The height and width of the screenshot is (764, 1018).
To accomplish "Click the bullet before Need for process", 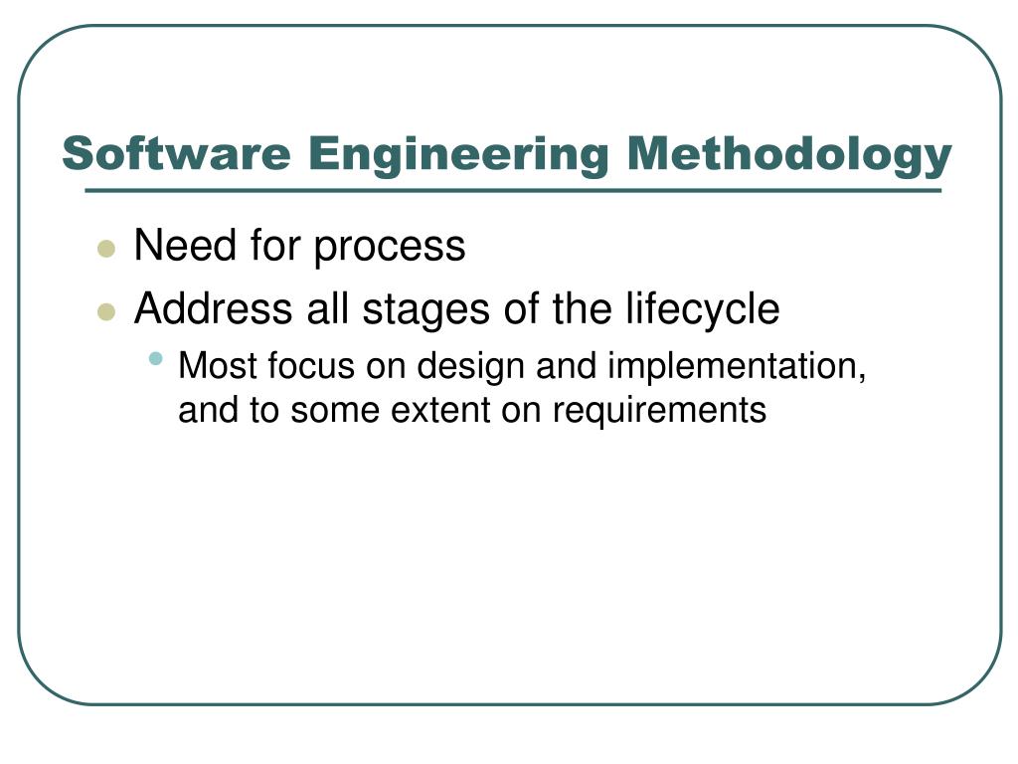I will tap(107, 249).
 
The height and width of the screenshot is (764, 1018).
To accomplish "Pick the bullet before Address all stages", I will tap(107, 312).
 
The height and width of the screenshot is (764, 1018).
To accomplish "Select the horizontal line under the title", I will tap(513, 190).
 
